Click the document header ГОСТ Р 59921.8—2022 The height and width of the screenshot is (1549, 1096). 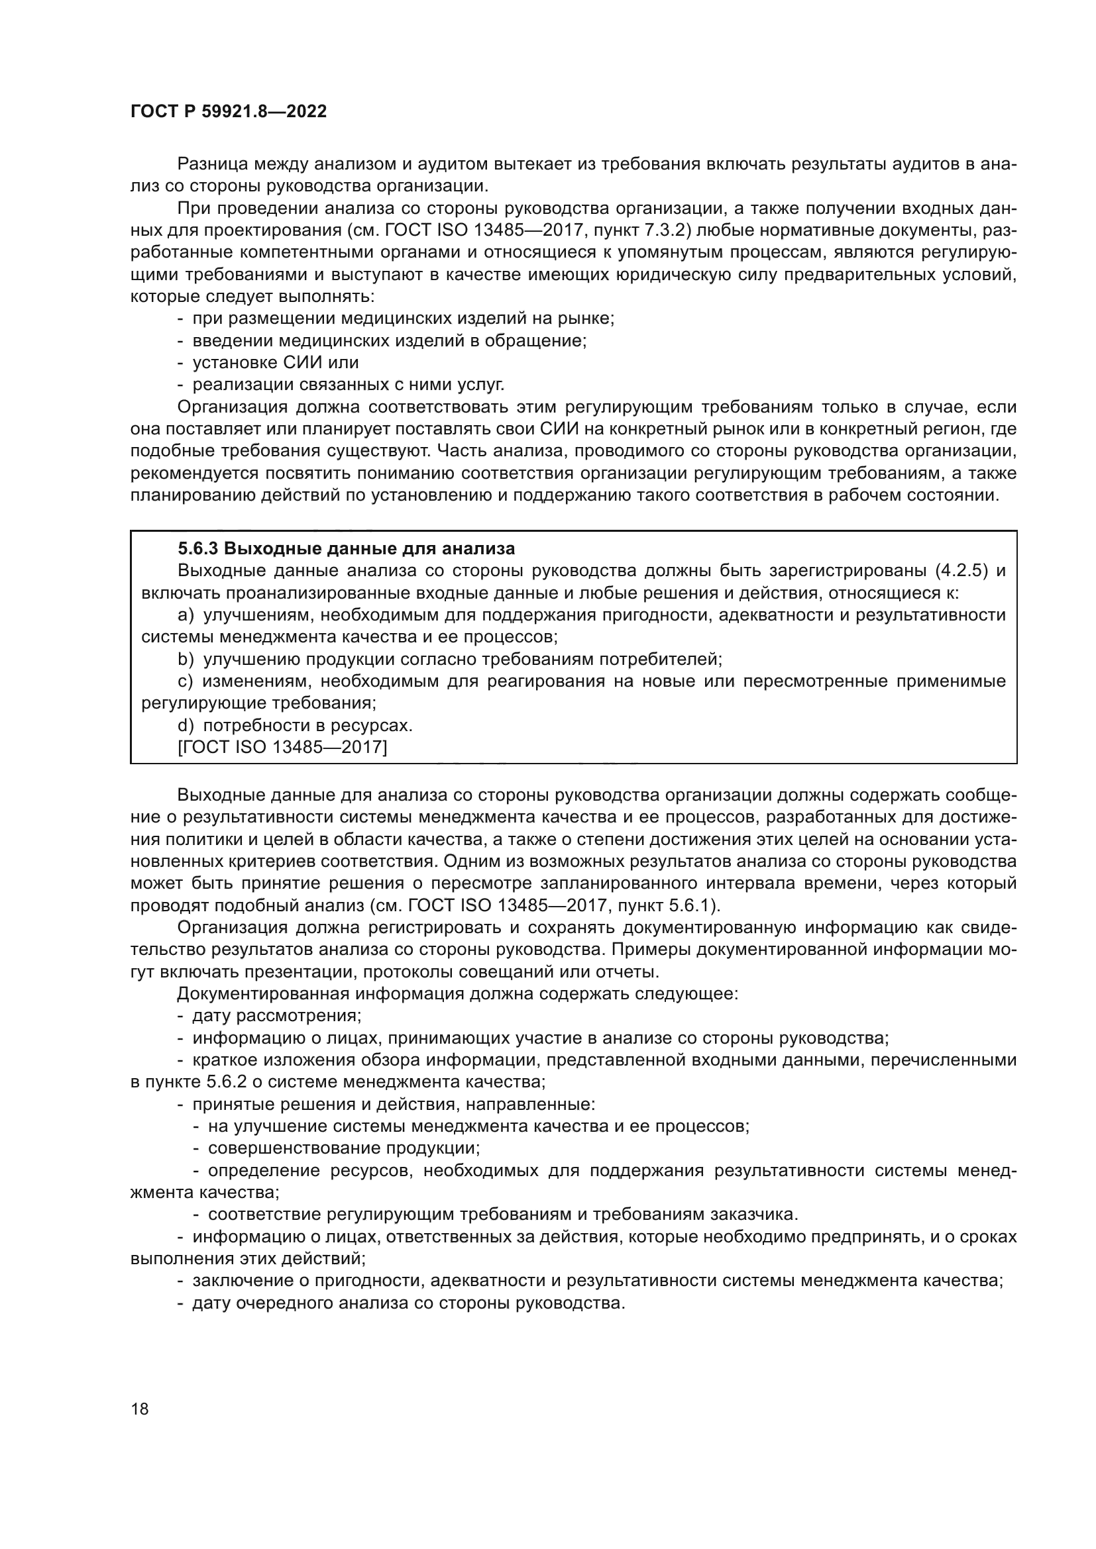tap(228, 112)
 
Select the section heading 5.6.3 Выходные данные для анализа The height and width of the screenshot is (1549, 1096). tap(346, 548)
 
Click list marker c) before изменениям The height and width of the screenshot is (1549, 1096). tap(185, 681)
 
